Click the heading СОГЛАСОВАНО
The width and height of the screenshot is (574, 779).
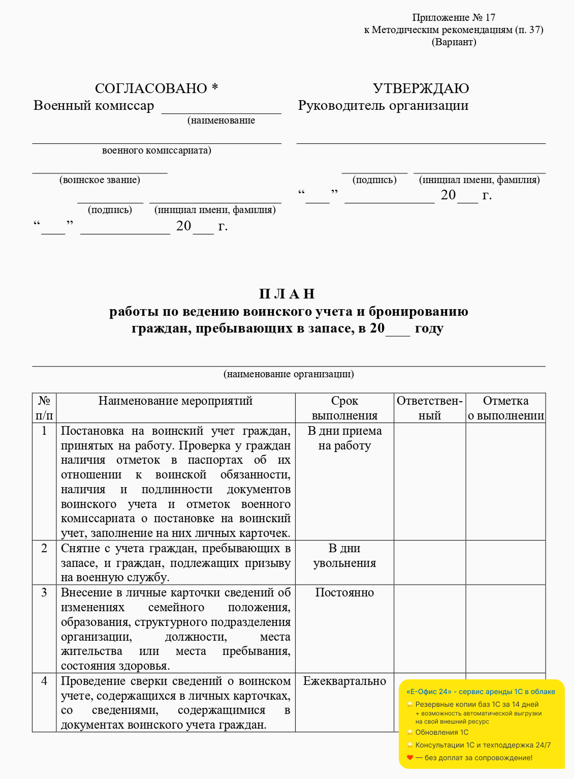151,88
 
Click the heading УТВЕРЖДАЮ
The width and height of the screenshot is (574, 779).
421,88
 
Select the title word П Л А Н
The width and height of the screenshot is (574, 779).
287,294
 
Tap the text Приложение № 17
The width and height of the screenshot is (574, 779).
454,18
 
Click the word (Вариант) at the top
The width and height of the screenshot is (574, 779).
454,42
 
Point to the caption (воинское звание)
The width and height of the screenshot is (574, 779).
100,180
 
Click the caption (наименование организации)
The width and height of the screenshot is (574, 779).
289,374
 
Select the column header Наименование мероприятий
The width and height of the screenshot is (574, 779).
175,401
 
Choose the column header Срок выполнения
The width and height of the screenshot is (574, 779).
344,408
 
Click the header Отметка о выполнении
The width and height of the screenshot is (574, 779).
505,408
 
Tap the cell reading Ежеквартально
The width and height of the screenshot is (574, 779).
344,681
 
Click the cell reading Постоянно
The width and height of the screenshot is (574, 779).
344,593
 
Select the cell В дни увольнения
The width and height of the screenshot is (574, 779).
344,556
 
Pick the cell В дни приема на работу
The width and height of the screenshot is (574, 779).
344,438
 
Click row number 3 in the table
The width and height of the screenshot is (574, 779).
44,593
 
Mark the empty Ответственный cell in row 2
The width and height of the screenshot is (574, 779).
430,562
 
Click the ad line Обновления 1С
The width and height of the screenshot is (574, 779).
441,733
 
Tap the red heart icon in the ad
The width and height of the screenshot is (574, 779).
410,758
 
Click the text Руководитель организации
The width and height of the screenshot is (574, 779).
383,106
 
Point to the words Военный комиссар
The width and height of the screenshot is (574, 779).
93,106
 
